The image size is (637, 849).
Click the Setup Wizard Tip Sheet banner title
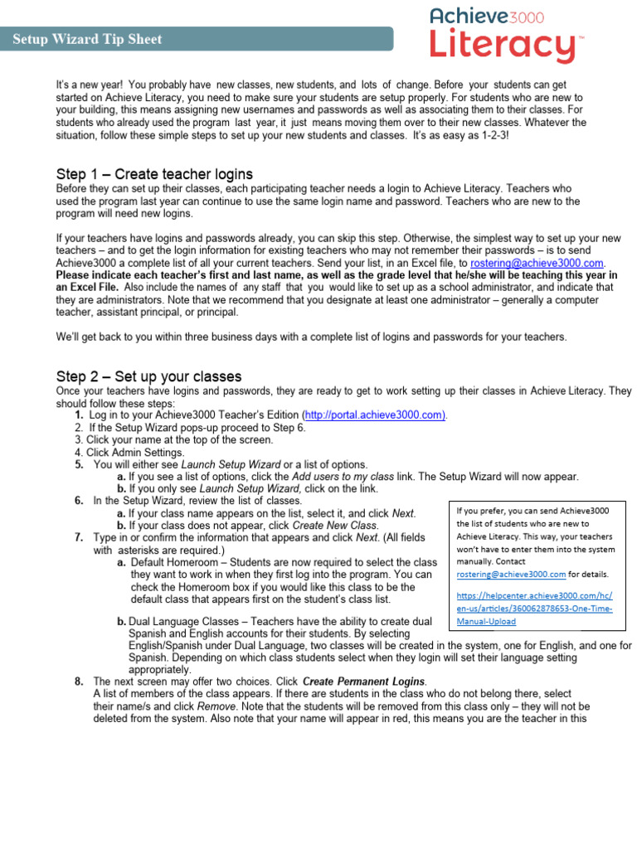point(87,39)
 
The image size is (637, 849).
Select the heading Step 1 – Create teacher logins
point(154,174)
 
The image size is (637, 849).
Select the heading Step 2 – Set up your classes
point(148,376)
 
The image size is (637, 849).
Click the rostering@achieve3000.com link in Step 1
point(532,262)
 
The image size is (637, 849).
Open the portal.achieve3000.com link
point(375,415)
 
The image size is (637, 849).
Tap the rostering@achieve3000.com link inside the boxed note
point(512,574)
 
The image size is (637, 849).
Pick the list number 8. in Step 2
point(79,682)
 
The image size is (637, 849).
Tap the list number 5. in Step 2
point(79,465)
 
